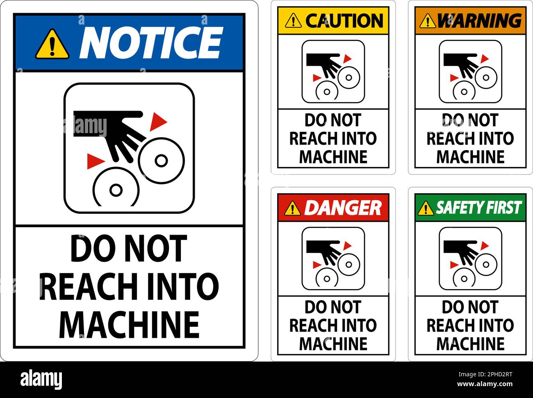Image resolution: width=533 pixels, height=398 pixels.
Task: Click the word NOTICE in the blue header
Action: pos(150,43)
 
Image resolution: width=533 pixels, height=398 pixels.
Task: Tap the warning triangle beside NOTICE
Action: pos(52,45)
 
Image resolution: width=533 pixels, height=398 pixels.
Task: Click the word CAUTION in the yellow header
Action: pos(344,20)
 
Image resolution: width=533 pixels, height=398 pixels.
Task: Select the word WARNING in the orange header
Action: pos(478,20)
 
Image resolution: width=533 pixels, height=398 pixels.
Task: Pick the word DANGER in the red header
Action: pos(342,208)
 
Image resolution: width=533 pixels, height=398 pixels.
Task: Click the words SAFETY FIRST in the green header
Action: pos(478,208)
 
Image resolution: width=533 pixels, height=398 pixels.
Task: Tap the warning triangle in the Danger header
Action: pos(292,208)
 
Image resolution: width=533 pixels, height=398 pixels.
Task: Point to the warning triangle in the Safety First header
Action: pos(426,208)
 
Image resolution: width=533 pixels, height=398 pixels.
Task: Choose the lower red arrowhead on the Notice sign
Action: pos(93,161)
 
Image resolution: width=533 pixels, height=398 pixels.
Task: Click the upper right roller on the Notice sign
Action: pos(161,160)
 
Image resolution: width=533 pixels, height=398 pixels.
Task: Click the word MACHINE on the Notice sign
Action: pos(129,324)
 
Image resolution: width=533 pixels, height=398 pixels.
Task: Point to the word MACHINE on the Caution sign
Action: pos(333,157)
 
